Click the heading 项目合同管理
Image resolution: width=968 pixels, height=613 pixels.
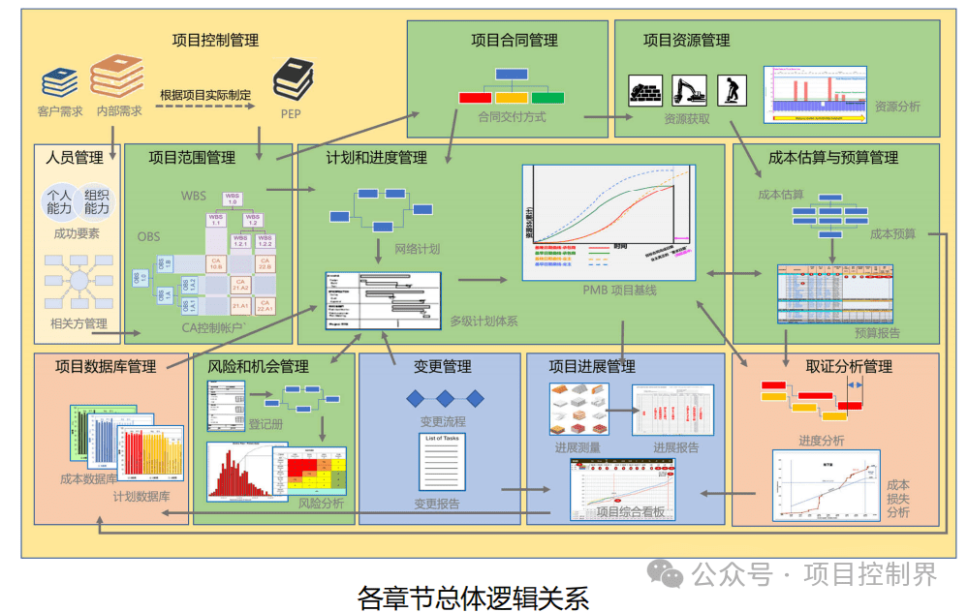tap(515, 41)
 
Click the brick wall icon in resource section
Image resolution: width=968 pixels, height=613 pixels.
tap(645, 90)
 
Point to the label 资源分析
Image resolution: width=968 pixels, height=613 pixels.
tap(897, 107)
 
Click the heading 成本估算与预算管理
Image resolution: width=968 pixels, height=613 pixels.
tap(832, 157)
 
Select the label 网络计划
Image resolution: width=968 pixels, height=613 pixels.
tap(417, 249)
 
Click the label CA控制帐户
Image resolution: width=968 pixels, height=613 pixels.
tap(211, 327)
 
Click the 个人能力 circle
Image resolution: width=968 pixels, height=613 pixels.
tap(60, 201)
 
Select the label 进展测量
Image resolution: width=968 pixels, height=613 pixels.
tap(578, 447)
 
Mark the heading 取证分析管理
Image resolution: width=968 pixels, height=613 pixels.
tap(849, 366)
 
